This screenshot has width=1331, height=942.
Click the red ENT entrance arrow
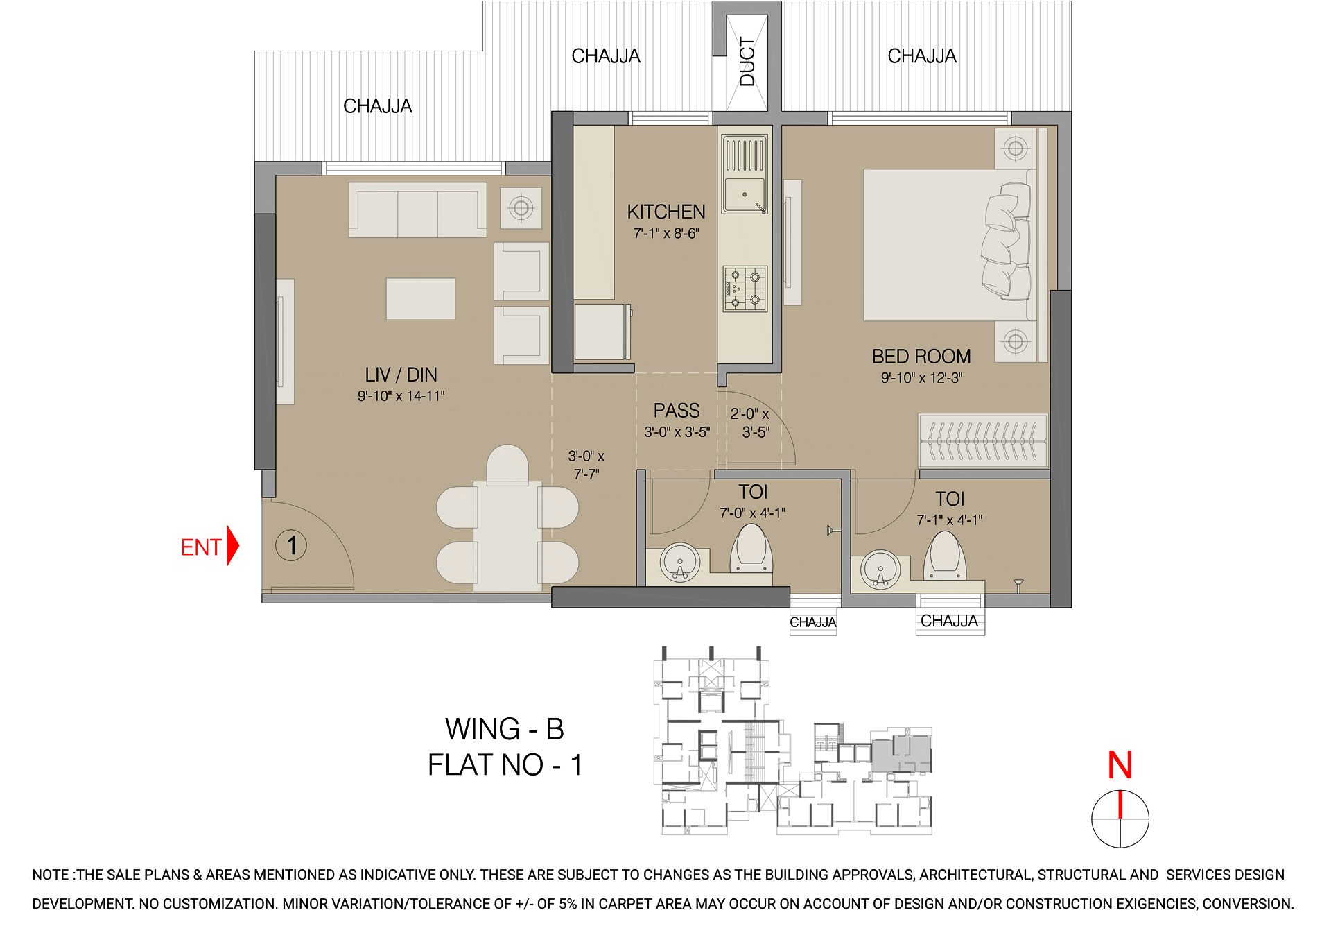click(232, 547)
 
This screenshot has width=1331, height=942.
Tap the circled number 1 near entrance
click(291, 545)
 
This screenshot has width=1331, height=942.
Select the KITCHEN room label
click(665, 212)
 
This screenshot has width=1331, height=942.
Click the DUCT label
click(747, 62)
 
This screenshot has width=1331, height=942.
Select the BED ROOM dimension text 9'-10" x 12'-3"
click(921, 378)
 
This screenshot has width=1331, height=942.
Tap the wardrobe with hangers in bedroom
click(983, 441)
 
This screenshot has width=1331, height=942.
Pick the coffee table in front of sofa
click(420, 299)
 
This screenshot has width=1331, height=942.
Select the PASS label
click(677, 411)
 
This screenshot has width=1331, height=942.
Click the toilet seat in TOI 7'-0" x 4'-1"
click(751, 548)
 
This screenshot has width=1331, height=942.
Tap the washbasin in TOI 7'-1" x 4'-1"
click(880, 570)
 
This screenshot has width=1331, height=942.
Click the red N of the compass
click(1120, 765)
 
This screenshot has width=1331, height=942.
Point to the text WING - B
click(504, 729)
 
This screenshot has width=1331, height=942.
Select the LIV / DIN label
click(401, 375)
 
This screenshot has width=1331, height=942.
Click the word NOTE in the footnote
click(51, 875)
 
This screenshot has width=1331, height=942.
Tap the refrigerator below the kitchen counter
click(602, 332)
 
